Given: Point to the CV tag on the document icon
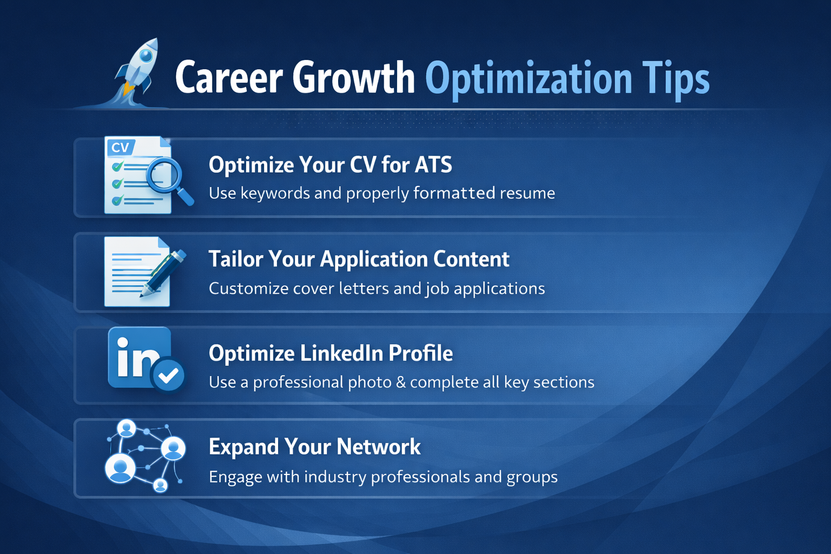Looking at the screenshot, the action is click(x=120, y=148).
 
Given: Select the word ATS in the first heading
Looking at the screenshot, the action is click(x=433, y=164).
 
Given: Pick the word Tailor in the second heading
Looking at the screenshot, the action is click(x=236, y=259).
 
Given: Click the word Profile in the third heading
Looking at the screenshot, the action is click(x=421, y=353).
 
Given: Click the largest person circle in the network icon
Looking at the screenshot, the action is click(x=120, y=469).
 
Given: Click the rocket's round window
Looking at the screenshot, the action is click(x=146, y=56).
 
